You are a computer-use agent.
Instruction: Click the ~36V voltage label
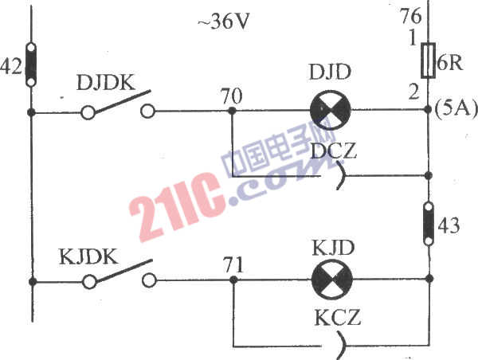click(x=224, y=22)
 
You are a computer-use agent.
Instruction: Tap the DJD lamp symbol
click(x=330, y=110)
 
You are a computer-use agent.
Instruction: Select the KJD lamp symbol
click(x=332, y=280)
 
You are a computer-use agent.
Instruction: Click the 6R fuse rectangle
click(x=428, y=61)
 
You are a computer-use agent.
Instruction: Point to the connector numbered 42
click(x=31, y=65)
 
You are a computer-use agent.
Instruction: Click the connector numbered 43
click(x=429, y=224)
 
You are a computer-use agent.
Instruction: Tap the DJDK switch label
click(x=106, y=82)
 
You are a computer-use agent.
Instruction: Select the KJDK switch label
click(x=88, y=256)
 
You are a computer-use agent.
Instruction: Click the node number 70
click(x=232, y=96)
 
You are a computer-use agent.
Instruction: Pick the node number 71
click(x=233, y=264)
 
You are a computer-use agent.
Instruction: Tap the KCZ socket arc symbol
click(x=343, y=346)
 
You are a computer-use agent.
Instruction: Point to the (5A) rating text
click(x=456, y=109)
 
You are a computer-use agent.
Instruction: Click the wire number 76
click(x=411, y=16)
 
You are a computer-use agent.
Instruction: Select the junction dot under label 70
click(x=232, y=111)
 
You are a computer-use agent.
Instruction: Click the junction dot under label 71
click(x=233, y=280)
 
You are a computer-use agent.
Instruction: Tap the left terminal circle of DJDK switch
click(x=88, y=112)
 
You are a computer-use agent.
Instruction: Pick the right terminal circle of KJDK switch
click(x=149, y=280)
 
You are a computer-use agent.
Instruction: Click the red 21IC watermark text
click(x=177, y=207)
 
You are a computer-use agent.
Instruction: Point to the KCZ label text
click(x=338, y=317)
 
